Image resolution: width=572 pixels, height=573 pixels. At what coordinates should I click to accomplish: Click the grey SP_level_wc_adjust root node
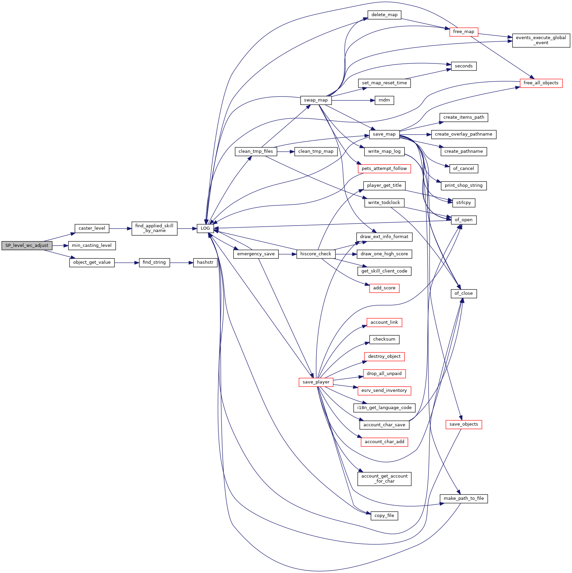27,246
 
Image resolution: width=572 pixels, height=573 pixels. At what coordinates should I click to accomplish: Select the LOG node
205,228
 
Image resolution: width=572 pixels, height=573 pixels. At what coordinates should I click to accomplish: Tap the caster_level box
92,228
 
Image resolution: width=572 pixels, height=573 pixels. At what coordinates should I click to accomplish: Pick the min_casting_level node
92,246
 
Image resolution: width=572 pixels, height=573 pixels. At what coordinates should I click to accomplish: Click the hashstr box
205,262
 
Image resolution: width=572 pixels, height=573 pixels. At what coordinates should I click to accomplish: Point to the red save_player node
316,382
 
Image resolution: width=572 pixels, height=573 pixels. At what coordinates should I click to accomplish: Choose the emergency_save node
256,254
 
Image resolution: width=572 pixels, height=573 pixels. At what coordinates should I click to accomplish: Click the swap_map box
316,100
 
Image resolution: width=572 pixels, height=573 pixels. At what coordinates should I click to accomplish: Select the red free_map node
464,32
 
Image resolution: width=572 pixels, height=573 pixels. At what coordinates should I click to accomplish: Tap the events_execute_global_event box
541,40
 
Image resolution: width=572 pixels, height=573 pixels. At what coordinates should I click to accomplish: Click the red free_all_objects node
541,83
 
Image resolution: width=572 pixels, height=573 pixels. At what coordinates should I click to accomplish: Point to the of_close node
464,293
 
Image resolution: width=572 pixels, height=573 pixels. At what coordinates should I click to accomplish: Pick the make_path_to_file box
464,498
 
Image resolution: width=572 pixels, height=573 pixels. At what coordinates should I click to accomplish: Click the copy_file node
384,516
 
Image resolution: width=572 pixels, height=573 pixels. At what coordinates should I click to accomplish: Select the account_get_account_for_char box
384,479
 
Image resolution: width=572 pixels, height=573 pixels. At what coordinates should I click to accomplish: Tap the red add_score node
384,288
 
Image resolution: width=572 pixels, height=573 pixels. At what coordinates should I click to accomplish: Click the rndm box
384,100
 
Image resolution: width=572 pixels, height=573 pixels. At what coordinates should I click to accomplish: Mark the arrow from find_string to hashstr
182,262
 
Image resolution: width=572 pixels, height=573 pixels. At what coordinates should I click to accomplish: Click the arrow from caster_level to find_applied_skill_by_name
120,228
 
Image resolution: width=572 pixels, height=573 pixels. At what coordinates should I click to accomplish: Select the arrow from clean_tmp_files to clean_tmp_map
286,151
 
